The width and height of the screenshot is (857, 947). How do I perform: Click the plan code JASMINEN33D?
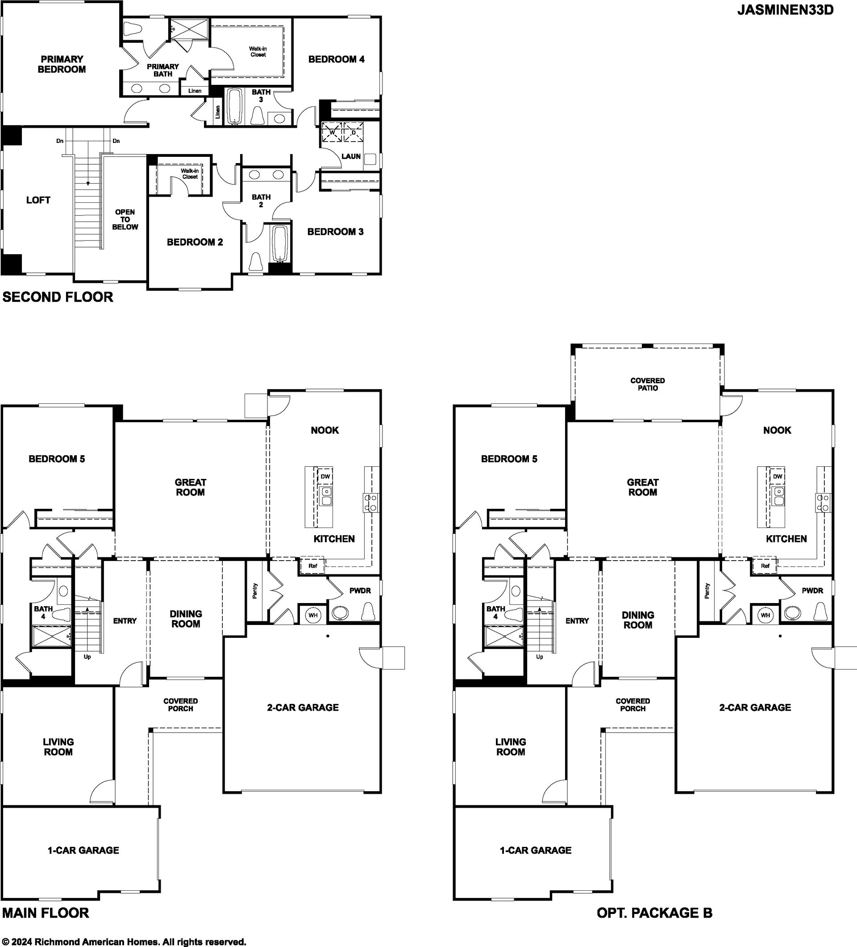tap(785, 10)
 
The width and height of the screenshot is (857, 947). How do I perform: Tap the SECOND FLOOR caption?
tap(58, 297)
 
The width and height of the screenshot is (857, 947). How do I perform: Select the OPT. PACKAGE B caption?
tap(654, 913)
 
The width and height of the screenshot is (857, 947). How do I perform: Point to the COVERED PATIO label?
tap(647, 384)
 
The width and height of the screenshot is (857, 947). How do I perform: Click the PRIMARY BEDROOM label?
tap(62, 64)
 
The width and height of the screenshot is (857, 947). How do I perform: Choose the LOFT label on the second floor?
tap(38, 200)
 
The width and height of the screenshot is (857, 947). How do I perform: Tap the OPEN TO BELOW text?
tap(125, 219)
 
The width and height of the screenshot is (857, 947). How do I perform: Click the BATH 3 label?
tap(261, 96)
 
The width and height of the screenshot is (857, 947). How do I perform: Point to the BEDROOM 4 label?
tap(336, 59)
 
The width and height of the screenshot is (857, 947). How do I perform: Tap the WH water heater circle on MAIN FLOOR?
tap(313, 615)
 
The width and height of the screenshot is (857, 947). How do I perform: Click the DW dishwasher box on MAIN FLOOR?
tap(325, 476)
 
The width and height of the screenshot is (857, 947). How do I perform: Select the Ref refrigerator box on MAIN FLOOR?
tap(312, 566)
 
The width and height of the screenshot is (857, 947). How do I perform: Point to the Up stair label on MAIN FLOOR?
tap(87, 657)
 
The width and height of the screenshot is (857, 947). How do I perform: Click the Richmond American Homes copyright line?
tap(125, 942)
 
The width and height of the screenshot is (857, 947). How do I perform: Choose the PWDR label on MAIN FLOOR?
tap(360, 591)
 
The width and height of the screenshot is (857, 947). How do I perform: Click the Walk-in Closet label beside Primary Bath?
tap(258, 52)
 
